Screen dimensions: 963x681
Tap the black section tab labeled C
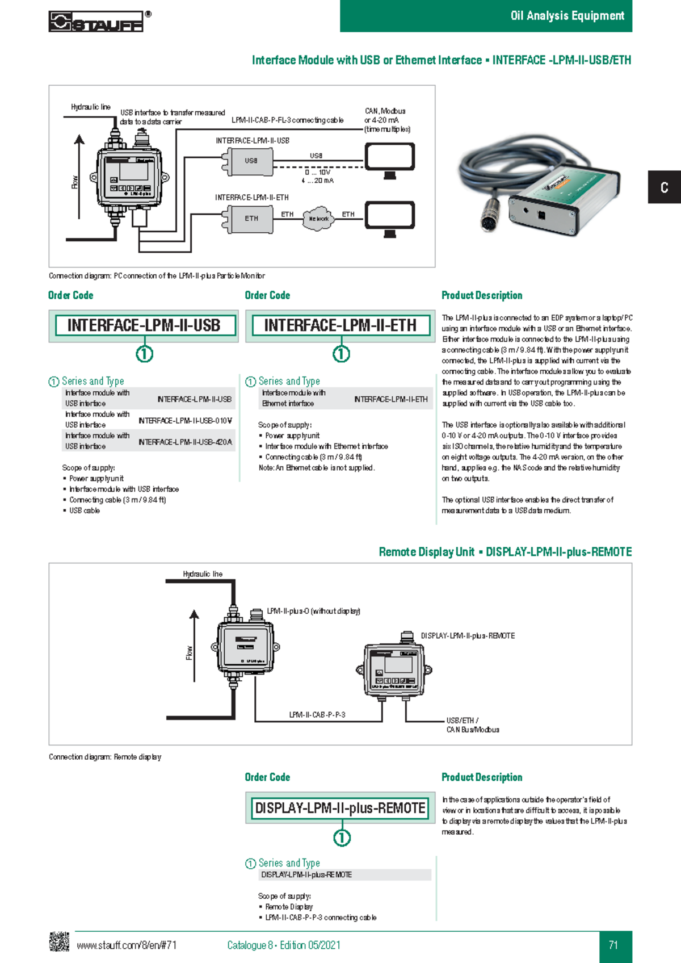[x=664, y=187]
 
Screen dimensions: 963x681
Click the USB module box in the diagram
[x=251, y=161]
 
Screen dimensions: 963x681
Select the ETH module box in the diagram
[x=251, y=219]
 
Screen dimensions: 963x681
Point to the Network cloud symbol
[x=318, y=219]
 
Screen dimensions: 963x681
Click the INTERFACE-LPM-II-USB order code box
[x=144, y=326]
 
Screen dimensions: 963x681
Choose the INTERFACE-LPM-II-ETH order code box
[x=340, y=326]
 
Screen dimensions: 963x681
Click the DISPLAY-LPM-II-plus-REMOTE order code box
[x=340, y=808]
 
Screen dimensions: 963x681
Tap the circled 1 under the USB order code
[x=144, y=354]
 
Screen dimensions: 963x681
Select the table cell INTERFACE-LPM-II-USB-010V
[x=185, y=421]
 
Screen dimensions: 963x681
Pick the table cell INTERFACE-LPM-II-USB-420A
[x=185, y=442]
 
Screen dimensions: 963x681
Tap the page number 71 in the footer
[x=613, y=945]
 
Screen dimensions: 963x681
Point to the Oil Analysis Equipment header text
[x=567, y=16]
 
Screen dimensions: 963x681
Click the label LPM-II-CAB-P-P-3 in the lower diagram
[x=317, y=715]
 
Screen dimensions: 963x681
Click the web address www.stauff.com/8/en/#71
[x=127, y=945]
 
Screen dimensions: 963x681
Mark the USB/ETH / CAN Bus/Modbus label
[x=473, y=725]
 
